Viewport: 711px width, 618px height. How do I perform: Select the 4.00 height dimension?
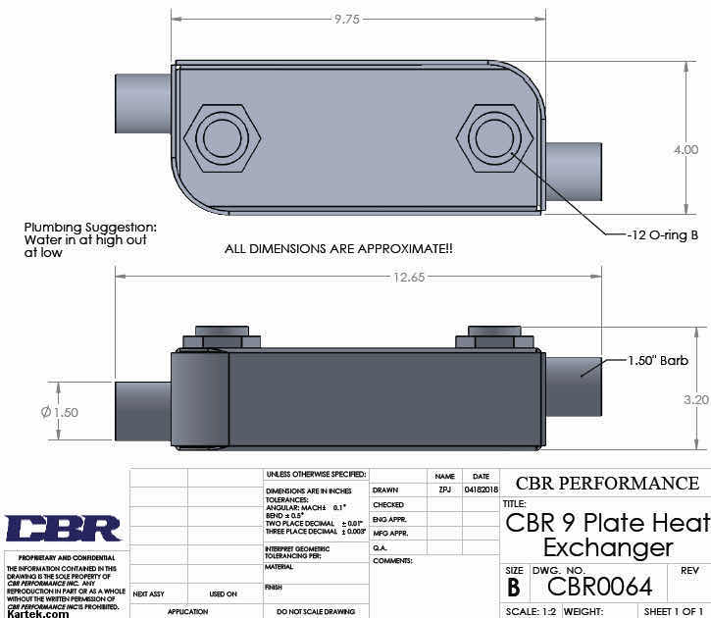click(686, 150)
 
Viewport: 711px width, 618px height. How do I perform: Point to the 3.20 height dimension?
click(694, 399)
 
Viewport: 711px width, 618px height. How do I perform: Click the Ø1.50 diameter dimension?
click(60, 412)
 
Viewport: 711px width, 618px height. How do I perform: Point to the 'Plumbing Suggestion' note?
click(89, 239)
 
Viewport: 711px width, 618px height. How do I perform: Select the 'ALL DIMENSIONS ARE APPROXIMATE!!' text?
click(339, 249)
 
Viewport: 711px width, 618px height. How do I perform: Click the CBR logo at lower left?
click(63, 529)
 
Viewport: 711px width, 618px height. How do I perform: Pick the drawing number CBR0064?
click(599, 587)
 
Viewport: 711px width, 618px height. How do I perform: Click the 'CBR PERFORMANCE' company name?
click(607, 484)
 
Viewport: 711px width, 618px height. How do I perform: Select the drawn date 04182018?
click(481, 489)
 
